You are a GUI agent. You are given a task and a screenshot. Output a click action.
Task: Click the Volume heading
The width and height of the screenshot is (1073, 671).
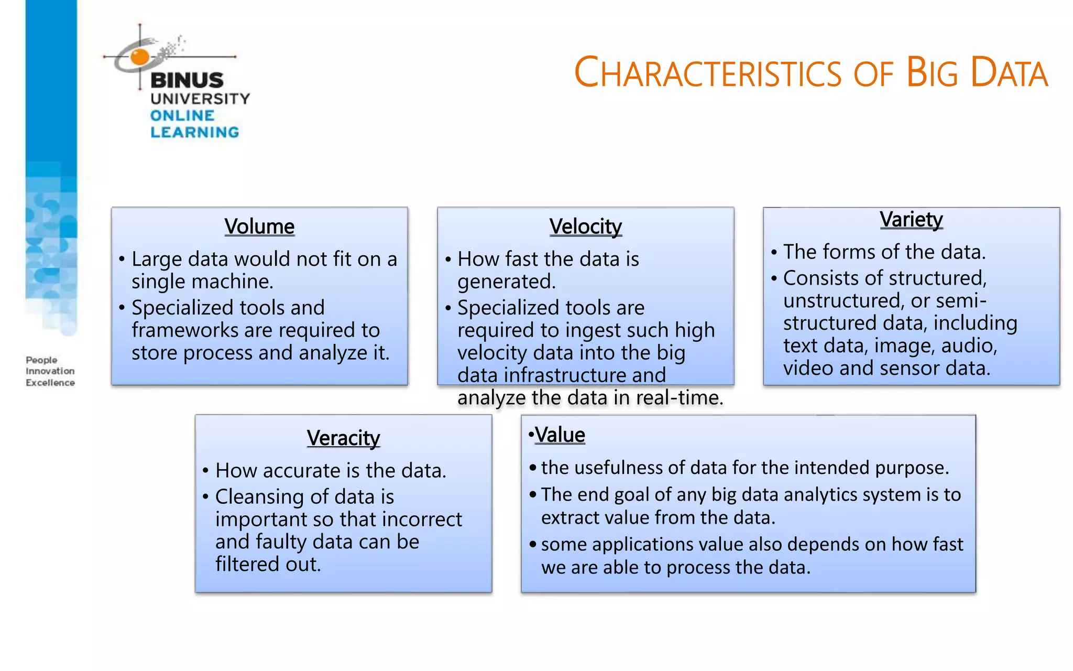tap(259, 226)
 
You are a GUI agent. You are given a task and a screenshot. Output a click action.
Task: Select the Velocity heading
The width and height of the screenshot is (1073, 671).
tap(585, 226)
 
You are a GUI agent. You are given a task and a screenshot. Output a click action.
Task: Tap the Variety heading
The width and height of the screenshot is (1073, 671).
tap(911, 219)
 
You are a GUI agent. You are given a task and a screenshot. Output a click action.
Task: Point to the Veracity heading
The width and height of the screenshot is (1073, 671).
tap(343, 438)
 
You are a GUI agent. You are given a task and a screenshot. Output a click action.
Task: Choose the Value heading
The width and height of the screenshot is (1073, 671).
tap(560, 435)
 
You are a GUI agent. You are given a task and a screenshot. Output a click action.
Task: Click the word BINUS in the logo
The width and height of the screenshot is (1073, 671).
tap(187, 80)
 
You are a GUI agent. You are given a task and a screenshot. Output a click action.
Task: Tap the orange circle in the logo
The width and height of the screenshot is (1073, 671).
tap(140, 56)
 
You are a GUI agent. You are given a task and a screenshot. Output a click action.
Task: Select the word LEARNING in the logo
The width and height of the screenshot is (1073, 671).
tap(194, 132)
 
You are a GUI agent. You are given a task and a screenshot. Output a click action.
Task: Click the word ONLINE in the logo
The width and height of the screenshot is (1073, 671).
tap(182, 115)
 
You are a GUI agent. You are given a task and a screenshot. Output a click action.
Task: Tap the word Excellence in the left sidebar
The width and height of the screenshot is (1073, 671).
tap(50, 383)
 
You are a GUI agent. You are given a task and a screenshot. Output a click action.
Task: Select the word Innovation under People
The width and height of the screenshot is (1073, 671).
tap(50, 371)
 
